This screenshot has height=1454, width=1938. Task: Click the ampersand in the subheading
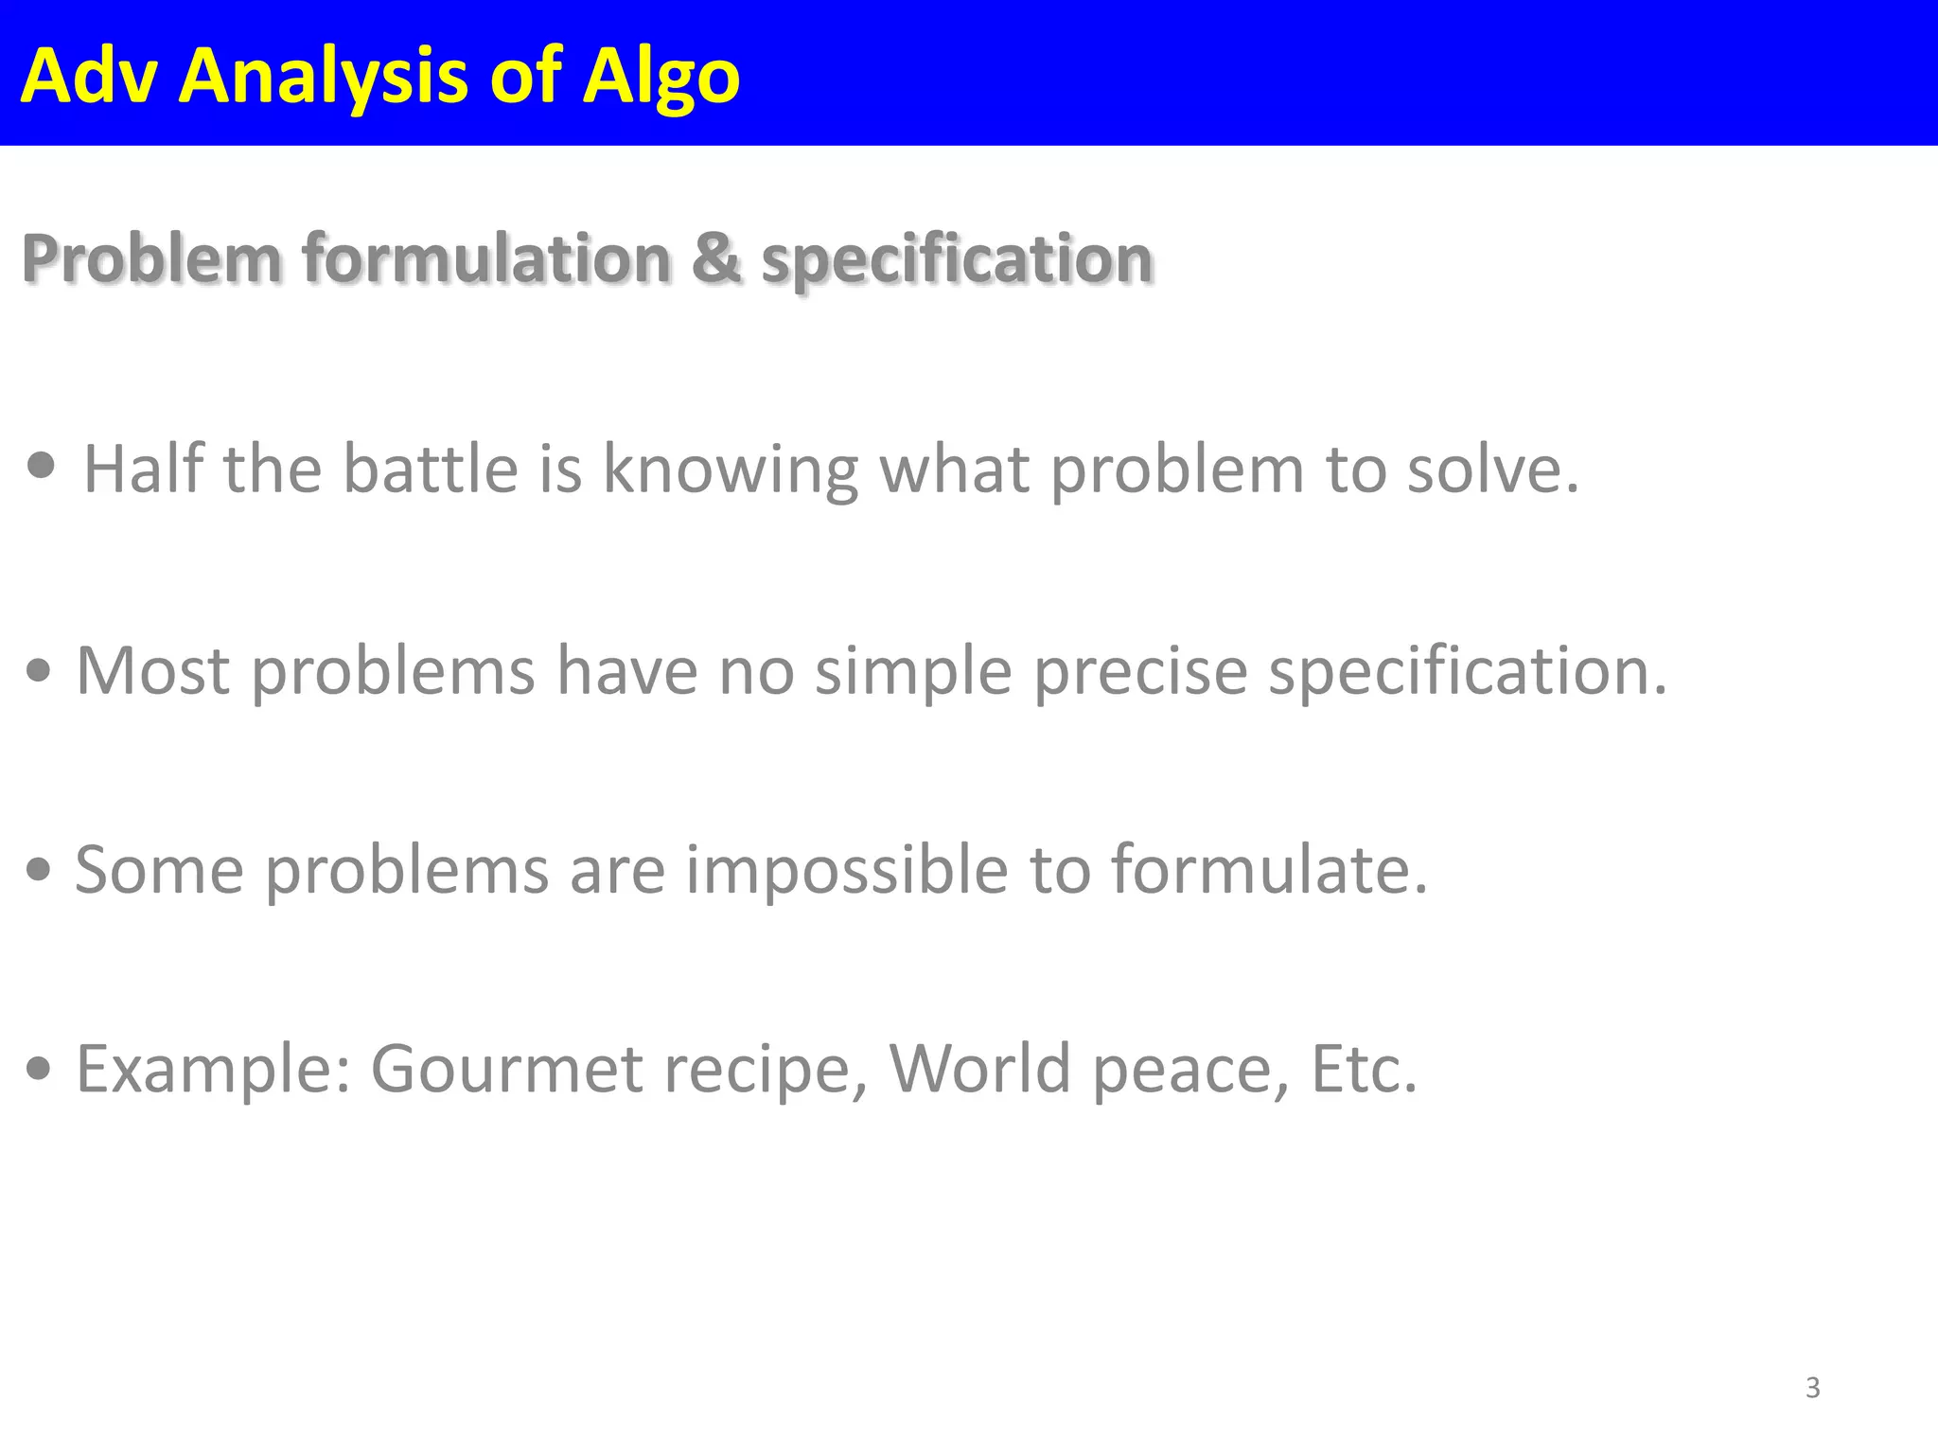pyautogui.click(x=715, y=257)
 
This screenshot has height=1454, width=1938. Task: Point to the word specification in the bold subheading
pyautogui.click(x=957, y=259)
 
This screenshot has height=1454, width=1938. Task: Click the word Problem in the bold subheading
pyautogui.click(x=152, y=257)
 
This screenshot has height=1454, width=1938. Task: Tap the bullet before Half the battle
pyautogui.click(x=42, y=466)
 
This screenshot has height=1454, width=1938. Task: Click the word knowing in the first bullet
pyautogui.click(x=731, y=470)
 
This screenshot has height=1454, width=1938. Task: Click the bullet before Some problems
pyautogui.click(x=39, y=869)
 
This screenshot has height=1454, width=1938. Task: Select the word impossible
pyautogui.click(x=847, y=869)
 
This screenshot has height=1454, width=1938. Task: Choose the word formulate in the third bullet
pyautogui.click(x=1268, y=869)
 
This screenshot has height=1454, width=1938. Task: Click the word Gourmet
pyautogui.click(x=506, y=1068)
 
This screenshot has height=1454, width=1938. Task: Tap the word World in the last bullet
pyautogui.click(x=979, y=1068)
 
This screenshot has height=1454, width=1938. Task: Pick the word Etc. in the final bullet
pyautogui.click(x=1364, y=1068)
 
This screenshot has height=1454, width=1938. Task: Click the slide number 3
pyautogui.click(x=1812, y=1388)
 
